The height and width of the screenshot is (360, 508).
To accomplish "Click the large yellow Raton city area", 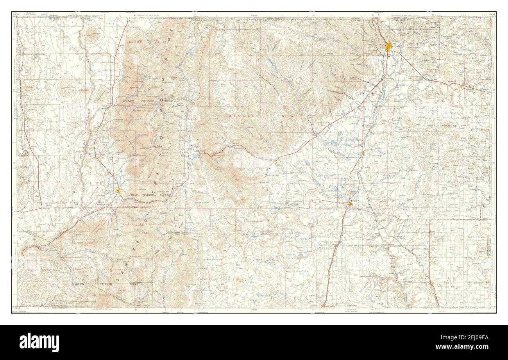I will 388,47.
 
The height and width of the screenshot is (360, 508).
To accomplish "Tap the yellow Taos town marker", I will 118,190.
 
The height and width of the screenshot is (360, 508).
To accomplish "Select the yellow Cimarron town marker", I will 277,160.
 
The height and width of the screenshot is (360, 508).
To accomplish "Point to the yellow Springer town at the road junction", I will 351,203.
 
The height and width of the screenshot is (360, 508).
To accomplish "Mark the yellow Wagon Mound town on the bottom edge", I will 324,306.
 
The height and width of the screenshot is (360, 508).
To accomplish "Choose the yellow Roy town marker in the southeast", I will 430,284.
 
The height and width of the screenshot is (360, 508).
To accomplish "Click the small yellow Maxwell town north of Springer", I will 363,152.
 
